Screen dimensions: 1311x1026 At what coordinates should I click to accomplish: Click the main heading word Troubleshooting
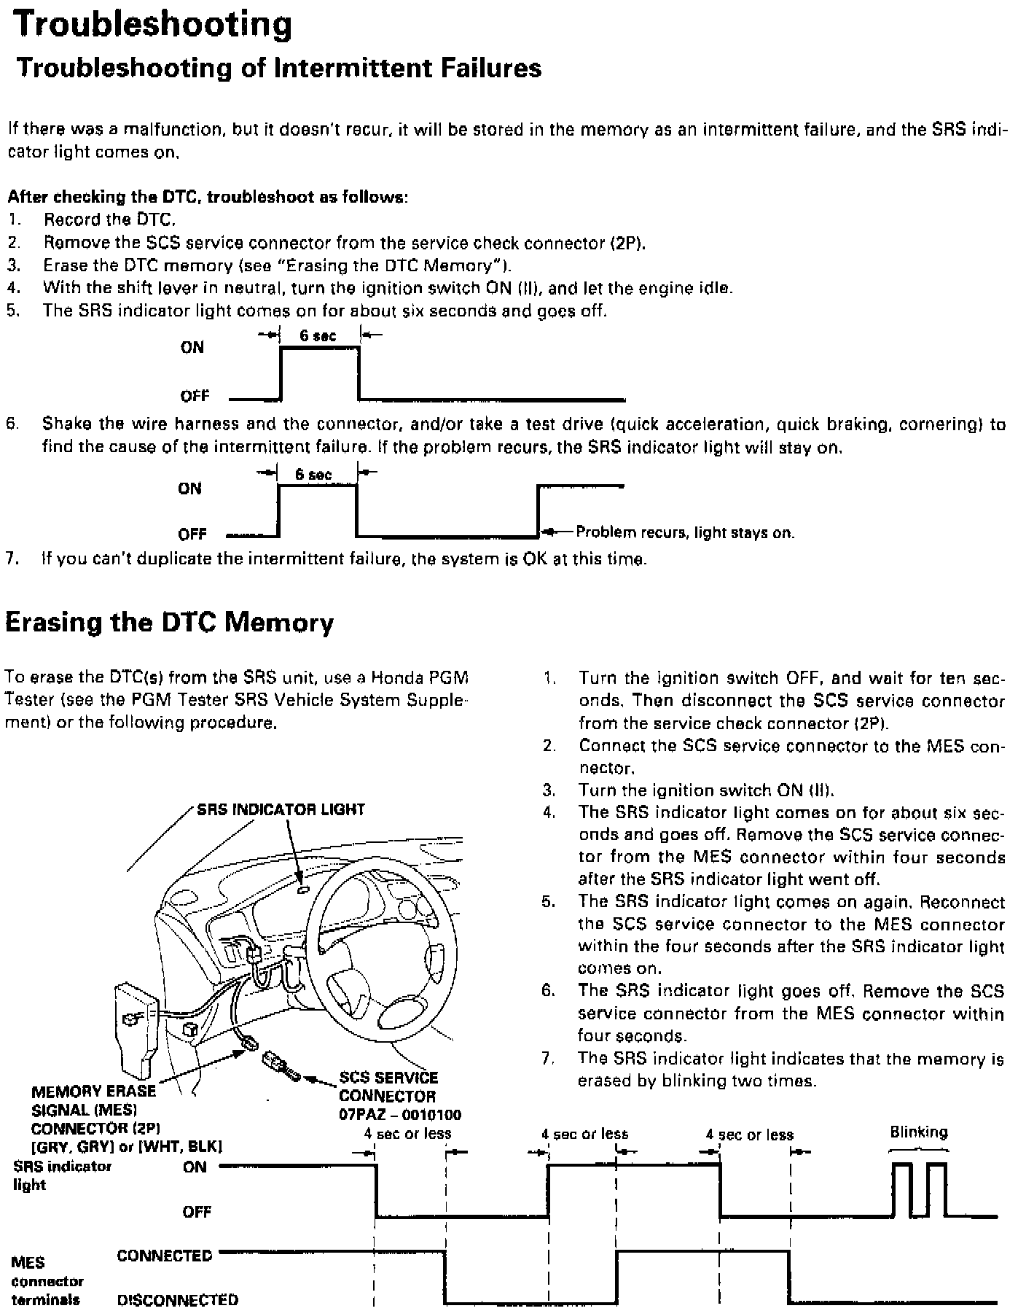coord(154,25)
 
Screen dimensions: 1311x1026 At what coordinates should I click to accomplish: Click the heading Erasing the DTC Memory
coord(169,622)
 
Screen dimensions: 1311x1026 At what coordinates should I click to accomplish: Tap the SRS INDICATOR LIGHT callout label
coord(281,809)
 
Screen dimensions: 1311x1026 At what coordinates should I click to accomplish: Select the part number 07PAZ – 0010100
coord(400,1115)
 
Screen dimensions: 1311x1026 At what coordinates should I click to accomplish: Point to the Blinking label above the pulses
coord(918,1132)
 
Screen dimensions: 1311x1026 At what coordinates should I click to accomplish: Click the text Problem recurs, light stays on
coord(684,532)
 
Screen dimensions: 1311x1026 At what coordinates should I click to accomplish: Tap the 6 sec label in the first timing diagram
coord(318,335)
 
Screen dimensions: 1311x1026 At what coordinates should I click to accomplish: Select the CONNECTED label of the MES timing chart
coord(164,1255)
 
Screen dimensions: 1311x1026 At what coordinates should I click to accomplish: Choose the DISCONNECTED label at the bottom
coord(178,1299)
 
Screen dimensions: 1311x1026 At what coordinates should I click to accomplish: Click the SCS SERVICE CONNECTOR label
coord(388,1086)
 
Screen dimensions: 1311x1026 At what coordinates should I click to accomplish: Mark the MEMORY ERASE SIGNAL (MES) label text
coord(93,1100)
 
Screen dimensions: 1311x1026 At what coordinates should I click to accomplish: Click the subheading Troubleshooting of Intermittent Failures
coord(279,68)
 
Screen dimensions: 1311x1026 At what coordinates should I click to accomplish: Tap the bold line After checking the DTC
coord(207,197)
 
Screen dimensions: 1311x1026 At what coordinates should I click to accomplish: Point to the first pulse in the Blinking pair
coord(902,1189)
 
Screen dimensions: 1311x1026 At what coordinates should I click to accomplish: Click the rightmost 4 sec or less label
coord(749,1134)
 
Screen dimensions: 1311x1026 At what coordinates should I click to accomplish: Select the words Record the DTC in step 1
coord(109,219)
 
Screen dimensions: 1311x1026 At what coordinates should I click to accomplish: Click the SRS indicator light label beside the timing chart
coord(62,1175)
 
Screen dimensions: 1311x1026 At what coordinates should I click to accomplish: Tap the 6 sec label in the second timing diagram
coord(313,475)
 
